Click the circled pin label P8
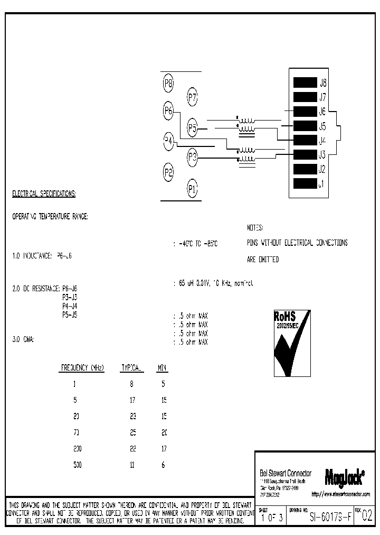tap(169, 83)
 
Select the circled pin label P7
tap(193, 97)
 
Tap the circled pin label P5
tap(193, 127)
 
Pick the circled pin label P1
tap(193, 188)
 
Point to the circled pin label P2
tap(169, 172)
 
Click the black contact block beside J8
tap(304, 82)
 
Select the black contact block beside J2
tap(304, 170)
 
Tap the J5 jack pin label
tap(322, 126)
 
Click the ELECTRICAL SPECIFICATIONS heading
tap(44, 194)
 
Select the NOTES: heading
tap(255, 228)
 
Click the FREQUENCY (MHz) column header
tap(83, 367)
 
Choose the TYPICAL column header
tap(132, 367)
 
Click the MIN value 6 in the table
tap(164, 464)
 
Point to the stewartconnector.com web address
tap(340, 494)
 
